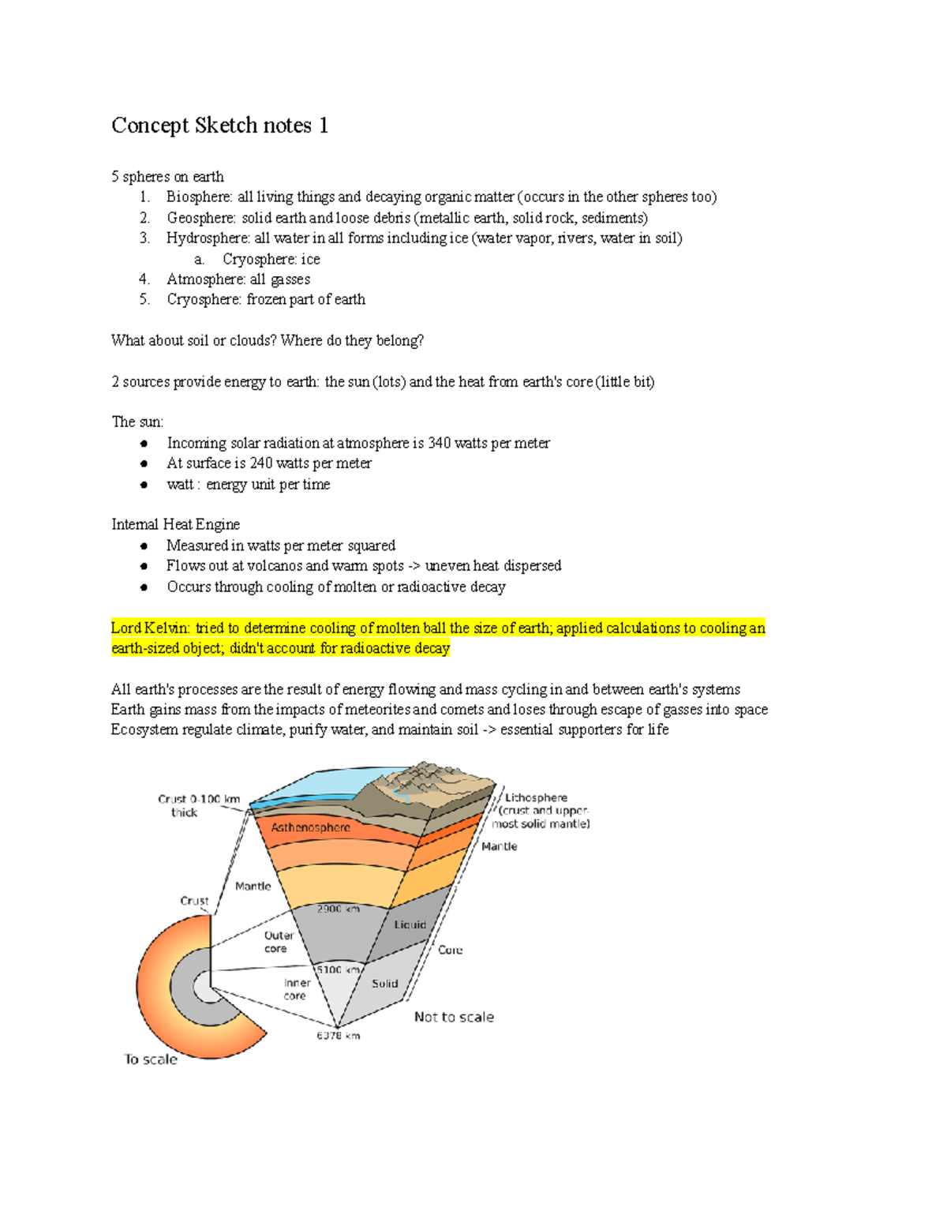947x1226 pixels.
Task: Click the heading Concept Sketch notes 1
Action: point(219,126)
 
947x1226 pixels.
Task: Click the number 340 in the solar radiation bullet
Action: point(439,443)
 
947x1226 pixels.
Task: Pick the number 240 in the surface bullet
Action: point(260,463)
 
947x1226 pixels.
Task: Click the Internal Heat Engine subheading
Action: point(175,525)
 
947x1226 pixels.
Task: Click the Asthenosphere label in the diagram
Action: point(310,827)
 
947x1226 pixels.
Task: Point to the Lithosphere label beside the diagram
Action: point(536,798)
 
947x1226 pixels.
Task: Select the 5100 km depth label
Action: point(338,969)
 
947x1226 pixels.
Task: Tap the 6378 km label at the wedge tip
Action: point(338,1036)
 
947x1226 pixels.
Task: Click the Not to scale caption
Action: point(454,1018)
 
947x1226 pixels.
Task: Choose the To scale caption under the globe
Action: point(151,1059)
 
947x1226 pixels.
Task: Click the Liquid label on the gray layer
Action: point(410,924)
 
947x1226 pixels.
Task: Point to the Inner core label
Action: point(297,989)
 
